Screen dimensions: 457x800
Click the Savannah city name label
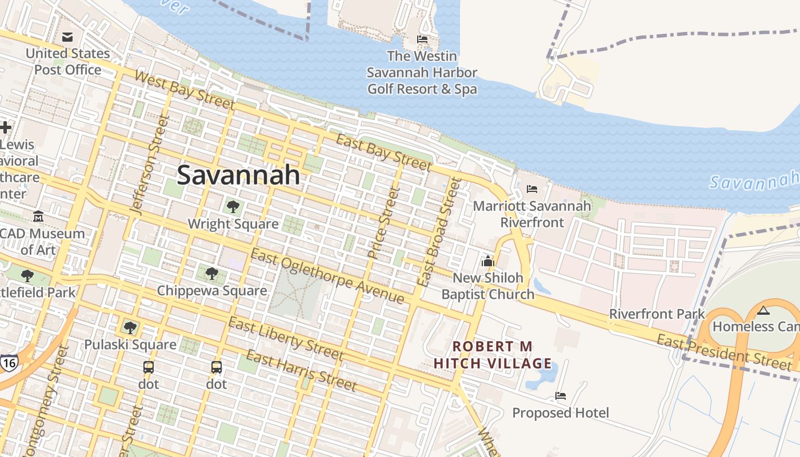click(x=238, y=175)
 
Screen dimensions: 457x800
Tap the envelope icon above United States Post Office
click(x=67, y=38)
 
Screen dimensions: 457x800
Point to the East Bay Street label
click(x=383, y=153)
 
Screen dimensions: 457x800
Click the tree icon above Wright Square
click(x=233, y=207)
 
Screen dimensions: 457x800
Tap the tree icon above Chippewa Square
click(x=212, y=274)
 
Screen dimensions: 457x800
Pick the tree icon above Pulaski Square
click(x=130, y=327)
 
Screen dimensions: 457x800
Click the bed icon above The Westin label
click(x=422, y=39)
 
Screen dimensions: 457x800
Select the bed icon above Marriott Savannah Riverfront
click(x=532, y=189)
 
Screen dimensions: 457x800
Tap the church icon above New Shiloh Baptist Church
click(x=487, y=261)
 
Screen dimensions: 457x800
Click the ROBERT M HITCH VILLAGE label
click(x=493, y=355)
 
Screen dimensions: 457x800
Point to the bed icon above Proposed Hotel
click(x=561, y=395)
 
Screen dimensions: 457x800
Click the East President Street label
click(x=724, y=352)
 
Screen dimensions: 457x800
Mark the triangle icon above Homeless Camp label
click(x=763, y=311)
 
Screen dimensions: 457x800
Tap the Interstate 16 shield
click(x=9, y=363)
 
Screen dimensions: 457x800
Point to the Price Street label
click(x=383, y=223)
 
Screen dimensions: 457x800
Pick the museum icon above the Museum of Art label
click(x=38, y=217)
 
